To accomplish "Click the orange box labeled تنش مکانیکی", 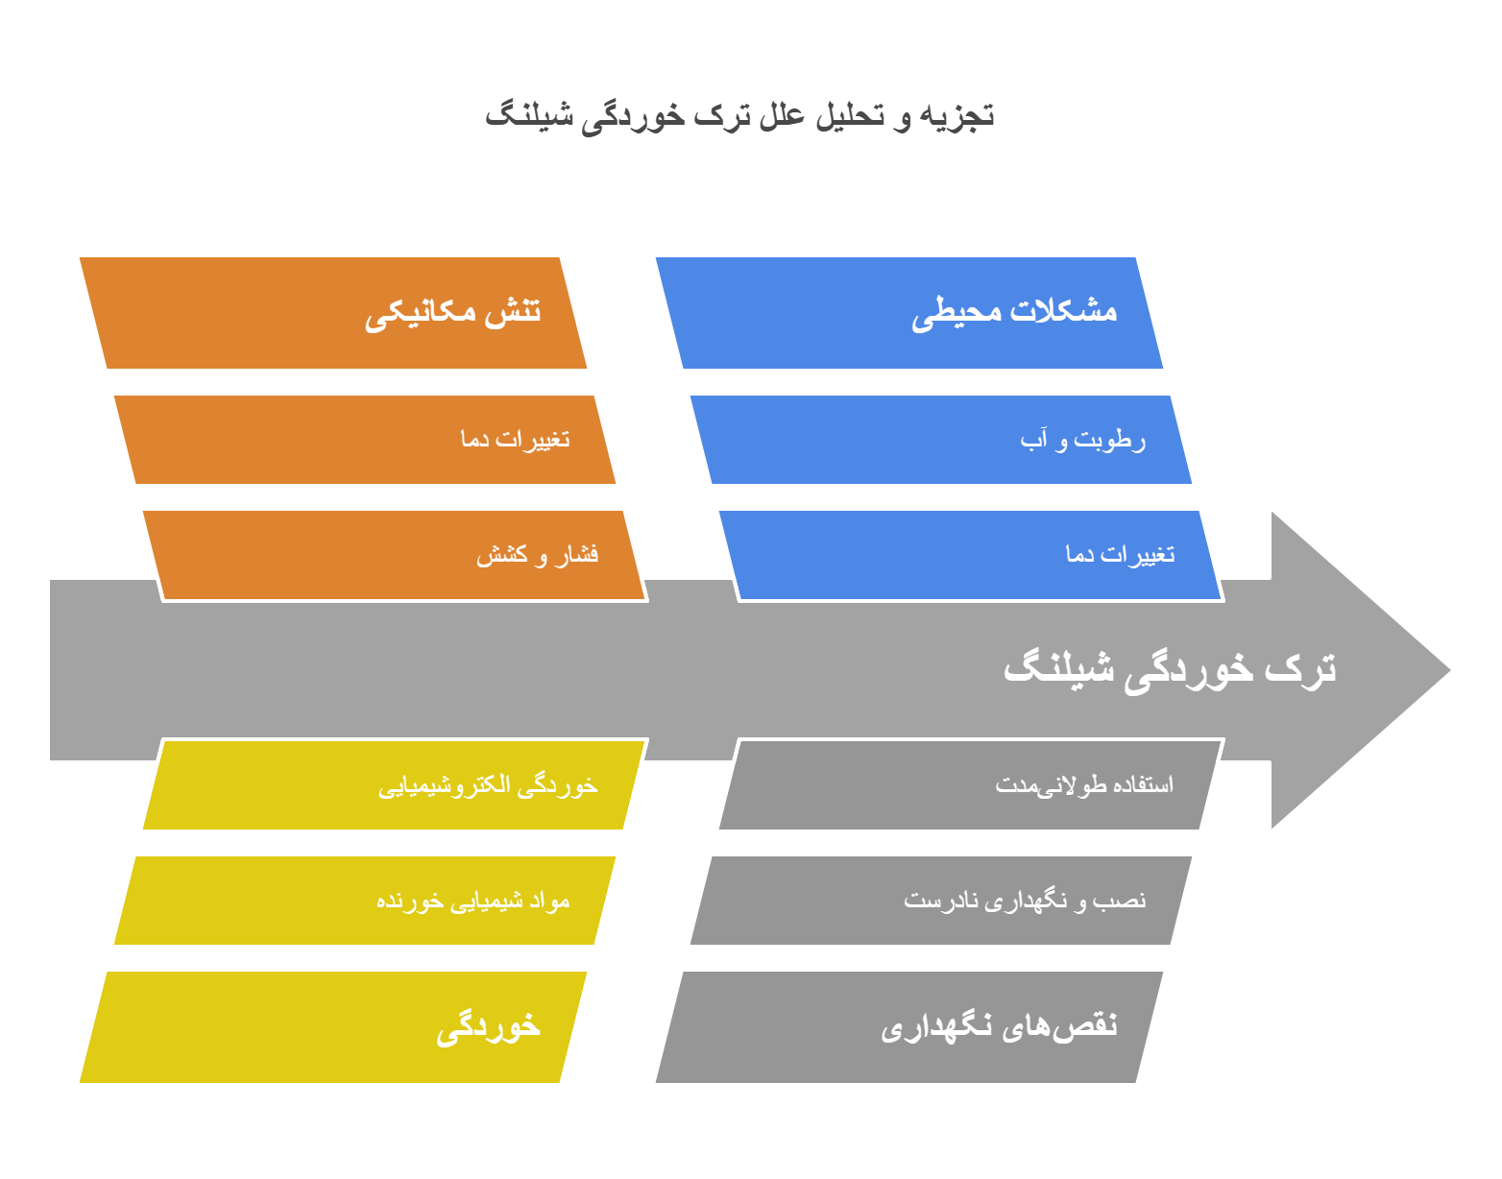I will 332,313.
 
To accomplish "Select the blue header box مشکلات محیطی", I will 908,313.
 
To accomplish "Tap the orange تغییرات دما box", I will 365,440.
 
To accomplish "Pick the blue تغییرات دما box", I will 970,555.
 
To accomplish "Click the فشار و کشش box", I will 394,555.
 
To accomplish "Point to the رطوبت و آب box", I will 941,440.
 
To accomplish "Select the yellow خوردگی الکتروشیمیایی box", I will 394,785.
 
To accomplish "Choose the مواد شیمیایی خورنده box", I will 365,901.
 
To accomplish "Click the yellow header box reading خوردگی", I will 332,1027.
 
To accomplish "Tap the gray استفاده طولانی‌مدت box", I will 970,785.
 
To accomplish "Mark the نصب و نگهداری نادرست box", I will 941,901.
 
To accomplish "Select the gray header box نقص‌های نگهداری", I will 908,1027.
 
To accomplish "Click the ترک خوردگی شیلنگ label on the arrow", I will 1169,668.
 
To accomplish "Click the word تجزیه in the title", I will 957,116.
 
